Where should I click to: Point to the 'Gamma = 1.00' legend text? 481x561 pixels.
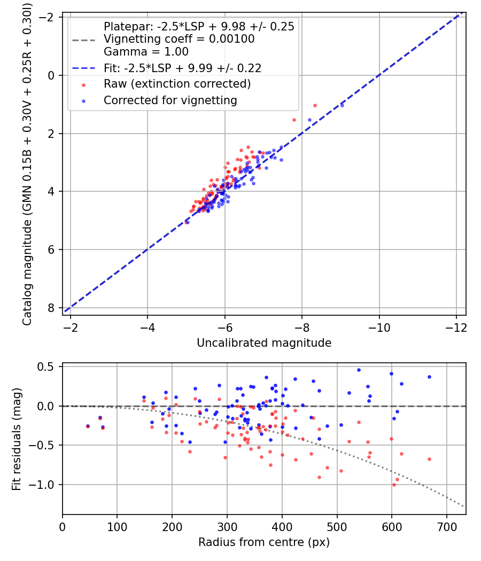pyautogui.click(x=146, y=51)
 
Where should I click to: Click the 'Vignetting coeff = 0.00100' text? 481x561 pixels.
pyautogui.click(x=179, y=39)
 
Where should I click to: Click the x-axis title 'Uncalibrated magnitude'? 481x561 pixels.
pyautogui.click(x=264, y=343)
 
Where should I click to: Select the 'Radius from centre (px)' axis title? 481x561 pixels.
pyautogui.click(x=264, y=542)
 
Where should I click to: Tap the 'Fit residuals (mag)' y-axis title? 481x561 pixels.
pyautogui.click(x=17, y=439)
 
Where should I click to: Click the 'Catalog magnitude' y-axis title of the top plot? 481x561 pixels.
pyautogui.click(x=27, y=164)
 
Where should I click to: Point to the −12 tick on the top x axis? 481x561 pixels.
pyautogui.click(x=456, y=328)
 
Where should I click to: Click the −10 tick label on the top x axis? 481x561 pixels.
pyautogui.click(x=379, y=328)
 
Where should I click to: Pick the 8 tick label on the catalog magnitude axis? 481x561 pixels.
pyautogui.click(x=50, y=308)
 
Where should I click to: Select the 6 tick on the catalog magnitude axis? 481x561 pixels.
pyautogui.click(x=50, y=250)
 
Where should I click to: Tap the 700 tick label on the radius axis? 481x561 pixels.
pyautogui.click(x=447, y=527)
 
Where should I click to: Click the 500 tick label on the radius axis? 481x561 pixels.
pyautogui.click(x=337, y=527)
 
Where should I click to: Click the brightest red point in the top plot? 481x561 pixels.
pyautogui.click(x=315, y=106)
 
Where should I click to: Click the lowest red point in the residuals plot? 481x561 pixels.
pyautogui.click(x=394, y=485)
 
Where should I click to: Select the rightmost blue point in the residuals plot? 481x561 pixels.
pyautogui.click(x=430, y=377)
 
